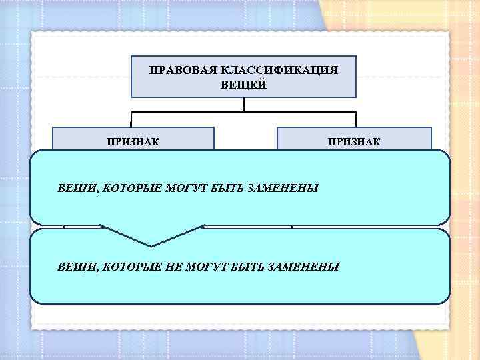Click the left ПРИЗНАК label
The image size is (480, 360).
[133, 141]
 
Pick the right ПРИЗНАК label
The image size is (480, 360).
[354, 141]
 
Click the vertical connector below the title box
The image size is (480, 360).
[244, 104]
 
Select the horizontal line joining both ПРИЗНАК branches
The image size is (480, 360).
[244, 111]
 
